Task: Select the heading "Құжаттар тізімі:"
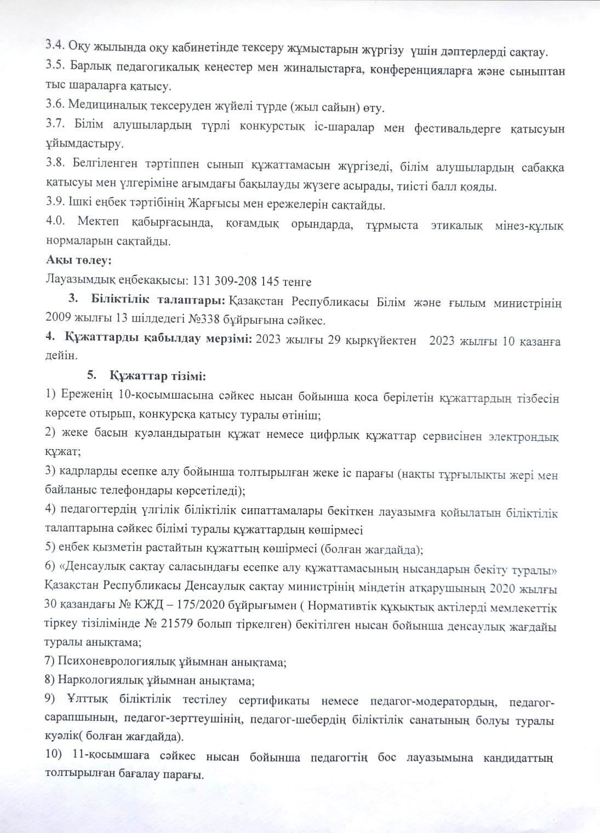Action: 158,376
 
